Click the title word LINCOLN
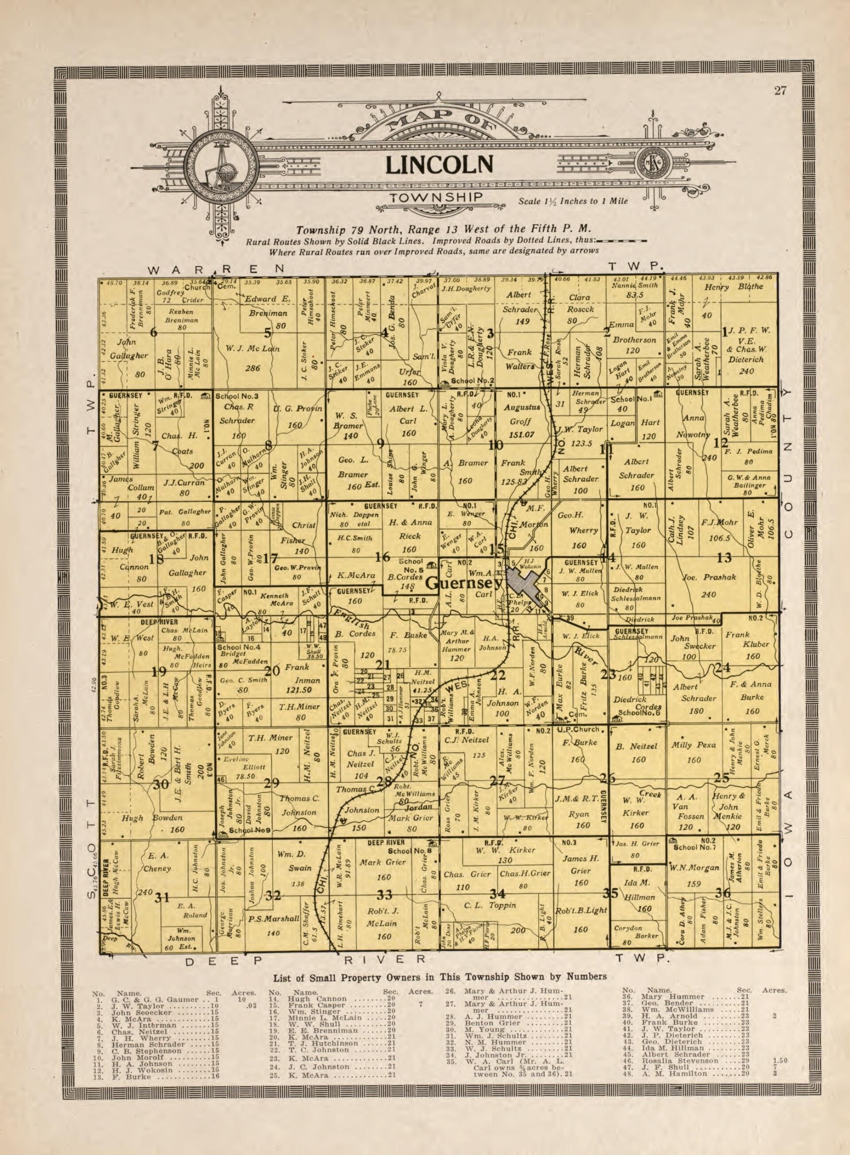[x=439, y=164]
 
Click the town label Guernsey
[x=464, y=583]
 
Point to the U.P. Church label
[x=579, y=729]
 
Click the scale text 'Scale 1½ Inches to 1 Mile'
[x=573, y=201]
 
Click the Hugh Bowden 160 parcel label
[x=153, y=823]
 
